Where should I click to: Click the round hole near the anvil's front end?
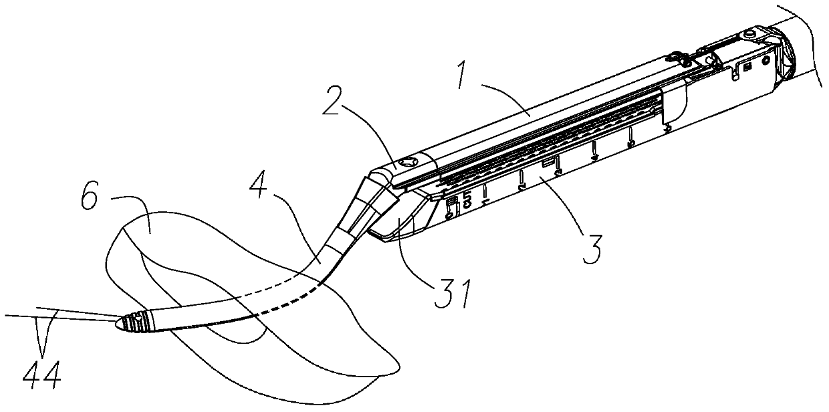click(406, 162)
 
